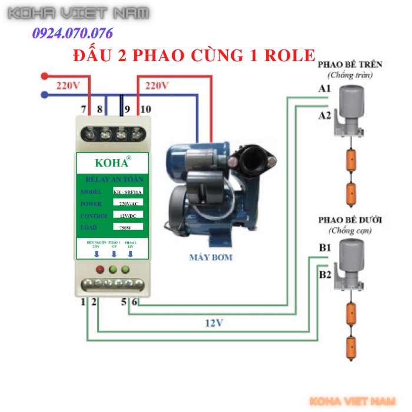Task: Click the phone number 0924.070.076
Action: (73, 33)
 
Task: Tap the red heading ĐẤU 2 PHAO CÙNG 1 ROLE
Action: (194, 55)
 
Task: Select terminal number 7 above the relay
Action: (84, 109)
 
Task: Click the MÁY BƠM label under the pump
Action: (211, 257)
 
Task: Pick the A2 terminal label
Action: (324, 115)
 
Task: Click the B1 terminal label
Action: (325, 248)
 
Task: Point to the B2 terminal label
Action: (325, 274)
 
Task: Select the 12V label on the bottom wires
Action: (214, 323)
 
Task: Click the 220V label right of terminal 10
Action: (157, 85)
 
